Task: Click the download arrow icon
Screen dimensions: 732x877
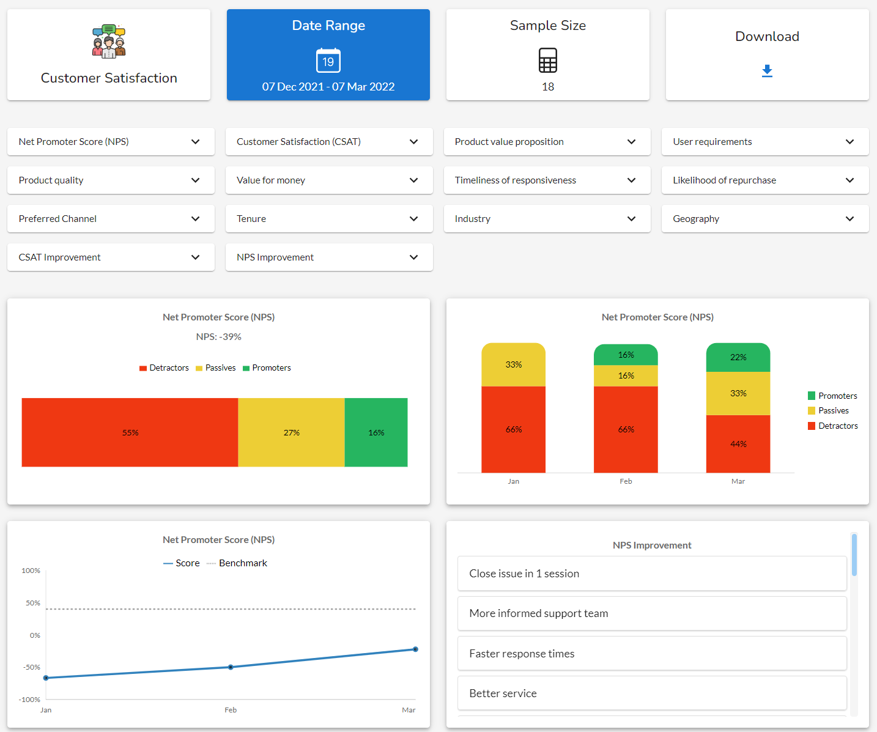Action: (767, 71)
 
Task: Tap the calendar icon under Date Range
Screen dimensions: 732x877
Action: (328, 61)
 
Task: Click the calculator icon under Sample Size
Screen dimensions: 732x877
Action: (547, 61)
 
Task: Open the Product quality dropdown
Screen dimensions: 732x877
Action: (111, 180)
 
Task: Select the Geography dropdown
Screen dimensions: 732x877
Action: (764, 219)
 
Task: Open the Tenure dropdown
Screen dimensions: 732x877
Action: (329, 219)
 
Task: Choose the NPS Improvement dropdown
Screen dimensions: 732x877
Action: (329, 257)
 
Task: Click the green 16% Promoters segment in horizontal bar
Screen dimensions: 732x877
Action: (376, 432)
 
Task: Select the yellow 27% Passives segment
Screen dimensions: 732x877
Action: (291, 432)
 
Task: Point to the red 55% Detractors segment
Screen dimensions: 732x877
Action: (130, 432)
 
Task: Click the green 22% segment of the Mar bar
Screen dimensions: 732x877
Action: (738, 357)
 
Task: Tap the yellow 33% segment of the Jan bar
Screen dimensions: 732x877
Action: (513, 364)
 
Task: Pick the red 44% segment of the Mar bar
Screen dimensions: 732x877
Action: (738, 444)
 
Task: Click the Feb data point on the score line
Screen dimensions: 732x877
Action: (231, 667)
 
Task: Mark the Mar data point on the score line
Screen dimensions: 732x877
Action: (415, 649)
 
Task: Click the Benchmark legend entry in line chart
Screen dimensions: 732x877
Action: (237, 563)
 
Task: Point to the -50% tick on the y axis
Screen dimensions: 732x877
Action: (32, 667)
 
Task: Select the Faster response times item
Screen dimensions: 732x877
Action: (652, 654)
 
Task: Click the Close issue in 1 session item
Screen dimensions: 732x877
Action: (652, 574)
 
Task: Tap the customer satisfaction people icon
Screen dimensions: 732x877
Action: (109, 42)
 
